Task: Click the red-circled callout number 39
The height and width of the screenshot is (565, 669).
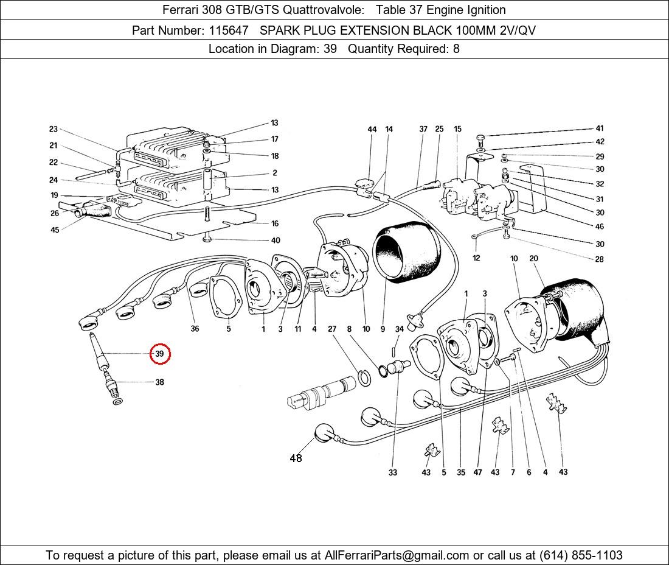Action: [159, 354]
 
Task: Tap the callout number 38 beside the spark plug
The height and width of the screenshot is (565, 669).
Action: [159, 382]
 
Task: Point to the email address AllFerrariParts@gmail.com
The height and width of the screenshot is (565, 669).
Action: [397, 555]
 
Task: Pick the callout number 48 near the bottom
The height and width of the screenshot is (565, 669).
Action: [296, 458]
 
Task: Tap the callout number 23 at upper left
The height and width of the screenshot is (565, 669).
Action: [54, 129]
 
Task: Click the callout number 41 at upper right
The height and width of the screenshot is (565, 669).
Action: [600, 128]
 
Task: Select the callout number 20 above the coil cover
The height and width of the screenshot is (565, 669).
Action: [533, 259]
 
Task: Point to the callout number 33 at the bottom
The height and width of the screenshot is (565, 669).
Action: [393, 472]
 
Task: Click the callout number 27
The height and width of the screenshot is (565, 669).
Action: [332, 329]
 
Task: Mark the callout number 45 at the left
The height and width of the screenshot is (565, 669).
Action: [55, 230]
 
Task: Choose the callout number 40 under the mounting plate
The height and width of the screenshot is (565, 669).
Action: [275, 240]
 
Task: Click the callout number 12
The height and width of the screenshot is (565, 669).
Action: [476, 258]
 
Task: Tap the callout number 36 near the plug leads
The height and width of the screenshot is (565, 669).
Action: [195, 329]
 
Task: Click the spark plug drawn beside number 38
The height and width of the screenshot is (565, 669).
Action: [110, 384]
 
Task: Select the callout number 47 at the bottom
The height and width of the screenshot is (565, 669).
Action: [478, 472]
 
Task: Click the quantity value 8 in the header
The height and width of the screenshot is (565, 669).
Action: [456, 49]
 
